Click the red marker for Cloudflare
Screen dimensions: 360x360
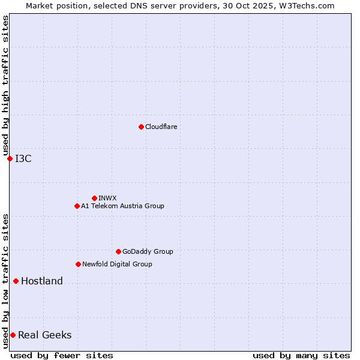(141, 127)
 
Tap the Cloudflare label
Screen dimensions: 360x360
(161, 127)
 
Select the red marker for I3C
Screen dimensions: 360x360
(10, 158)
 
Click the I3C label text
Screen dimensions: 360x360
(23, 158)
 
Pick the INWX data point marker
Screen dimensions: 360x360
(94, 198)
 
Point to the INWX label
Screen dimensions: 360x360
(107, 198)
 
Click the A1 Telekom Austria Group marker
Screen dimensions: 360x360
(77, 206)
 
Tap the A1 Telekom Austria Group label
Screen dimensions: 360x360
(122, 206)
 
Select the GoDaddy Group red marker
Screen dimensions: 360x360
(118, 251)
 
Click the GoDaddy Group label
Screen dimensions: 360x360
(148, 251)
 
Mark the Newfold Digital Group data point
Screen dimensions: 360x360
(78, 264)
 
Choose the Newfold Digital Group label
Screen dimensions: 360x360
(117, 264)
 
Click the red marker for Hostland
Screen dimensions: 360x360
(16, 281)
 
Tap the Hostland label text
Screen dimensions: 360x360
(42, 281)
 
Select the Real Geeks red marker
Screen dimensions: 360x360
(13, 335)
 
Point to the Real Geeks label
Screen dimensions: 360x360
(45, 335)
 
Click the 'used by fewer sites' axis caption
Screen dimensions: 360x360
(62, 355)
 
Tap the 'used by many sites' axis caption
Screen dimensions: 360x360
(301, 355)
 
